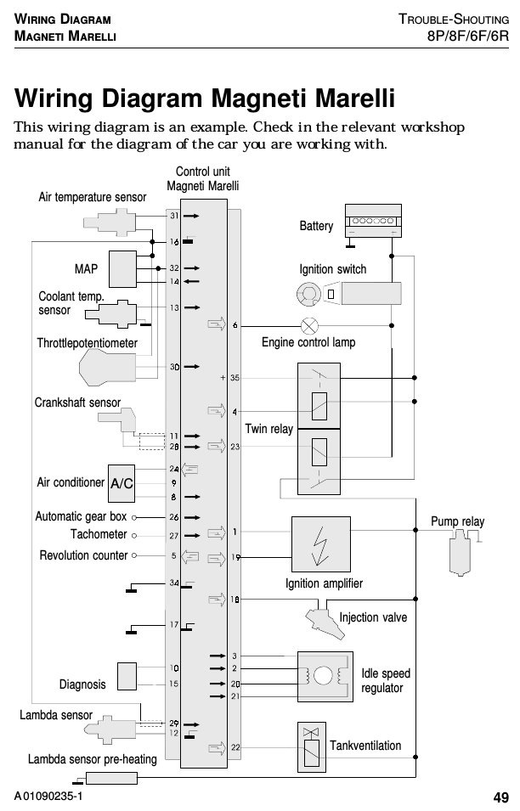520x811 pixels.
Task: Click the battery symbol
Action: pos(373,221)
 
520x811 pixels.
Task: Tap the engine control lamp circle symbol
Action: pos(309,326)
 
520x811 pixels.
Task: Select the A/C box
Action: pos(122,483)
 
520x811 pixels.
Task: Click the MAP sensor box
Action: pos(122,269)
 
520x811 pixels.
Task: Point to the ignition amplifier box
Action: pos(321,544)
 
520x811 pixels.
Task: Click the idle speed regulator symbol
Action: pos(325,677)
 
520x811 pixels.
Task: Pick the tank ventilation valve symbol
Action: pos(312,746)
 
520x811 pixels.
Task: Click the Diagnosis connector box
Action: pos(127,677)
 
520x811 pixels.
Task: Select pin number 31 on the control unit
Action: pos(174,216)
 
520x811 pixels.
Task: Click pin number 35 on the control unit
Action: pos(235,378)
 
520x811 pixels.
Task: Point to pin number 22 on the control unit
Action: pos(235,747)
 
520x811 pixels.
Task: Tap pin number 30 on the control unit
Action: pos(174,367)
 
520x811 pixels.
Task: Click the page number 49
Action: pos(500,797)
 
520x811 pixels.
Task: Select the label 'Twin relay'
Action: pos(269,429)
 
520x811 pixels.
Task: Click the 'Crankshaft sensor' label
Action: pos(77,403)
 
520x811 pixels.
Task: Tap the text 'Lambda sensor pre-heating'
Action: pos(92,759)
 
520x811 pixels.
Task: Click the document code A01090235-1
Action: pos(48,796)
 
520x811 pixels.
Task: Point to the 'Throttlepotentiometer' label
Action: pos(87,343)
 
